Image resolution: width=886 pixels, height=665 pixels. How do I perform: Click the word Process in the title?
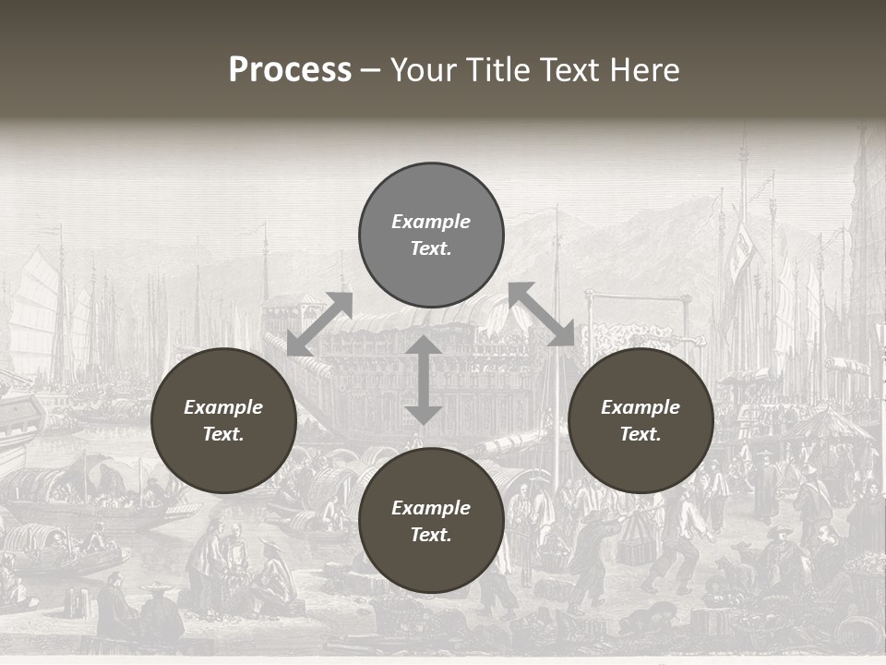pos(290,70)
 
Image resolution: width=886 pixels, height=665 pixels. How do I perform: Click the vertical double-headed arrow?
pos(424,381)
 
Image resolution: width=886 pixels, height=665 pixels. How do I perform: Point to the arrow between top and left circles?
pos(319,323)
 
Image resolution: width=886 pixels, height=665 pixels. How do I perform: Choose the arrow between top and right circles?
pos(542,314)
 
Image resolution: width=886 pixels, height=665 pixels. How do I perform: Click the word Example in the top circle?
pos(431,222)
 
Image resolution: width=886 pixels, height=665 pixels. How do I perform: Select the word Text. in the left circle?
pos(223,434)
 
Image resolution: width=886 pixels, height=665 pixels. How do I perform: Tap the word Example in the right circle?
pos(641,407)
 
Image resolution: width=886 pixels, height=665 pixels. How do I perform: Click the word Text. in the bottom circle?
pos(431,535)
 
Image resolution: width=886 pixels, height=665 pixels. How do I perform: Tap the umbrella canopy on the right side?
pos(826,425)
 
